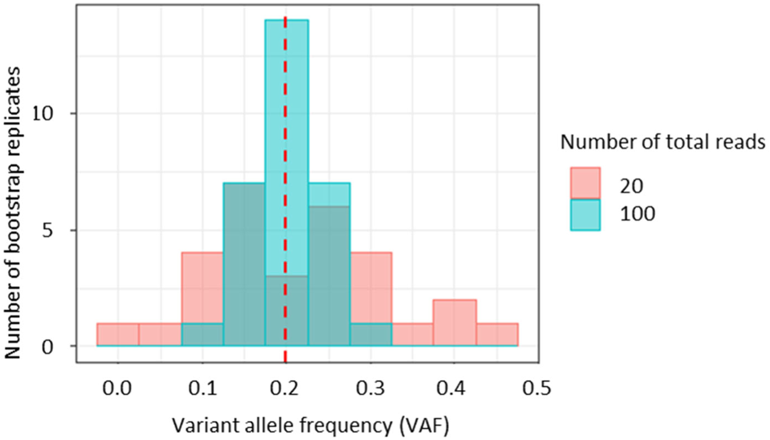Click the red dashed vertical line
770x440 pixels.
click(x=285, y=159)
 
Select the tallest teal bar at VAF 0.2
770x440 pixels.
click(x=287, y=106)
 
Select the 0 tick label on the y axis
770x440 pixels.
click(x=63, y=346)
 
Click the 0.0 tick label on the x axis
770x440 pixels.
click(x=118, y=389)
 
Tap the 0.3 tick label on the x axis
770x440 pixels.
click(x=371, y=389)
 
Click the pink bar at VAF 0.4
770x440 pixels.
click(x=455, y=323)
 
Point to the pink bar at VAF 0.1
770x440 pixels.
click(x=202, y=287)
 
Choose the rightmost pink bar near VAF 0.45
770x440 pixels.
click(x=497, y=335)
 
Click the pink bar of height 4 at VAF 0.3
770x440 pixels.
click(x=371, y=287)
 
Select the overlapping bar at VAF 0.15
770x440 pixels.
click(x=244, y=266)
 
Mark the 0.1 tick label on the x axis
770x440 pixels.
click(x=202, y=389)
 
